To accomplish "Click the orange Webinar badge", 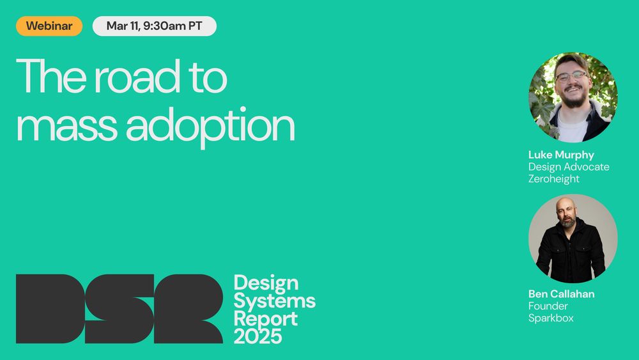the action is click(49, 26).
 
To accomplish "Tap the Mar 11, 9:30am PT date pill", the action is click(155, 26).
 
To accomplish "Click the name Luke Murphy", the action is click(561, 155).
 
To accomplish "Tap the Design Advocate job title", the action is click(569, 167).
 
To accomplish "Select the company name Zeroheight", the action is click(554, 178).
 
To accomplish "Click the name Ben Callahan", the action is click(561, 294).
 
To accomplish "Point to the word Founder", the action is click(548, 306).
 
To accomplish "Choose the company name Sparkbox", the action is click(551, 318).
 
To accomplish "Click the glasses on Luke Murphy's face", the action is click(572, 76).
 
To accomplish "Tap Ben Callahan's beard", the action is click(567, 221).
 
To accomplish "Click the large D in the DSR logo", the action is click(50, 309).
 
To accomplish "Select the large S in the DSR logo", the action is click(119, 309).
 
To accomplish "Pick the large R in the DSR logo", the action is click(189, 309).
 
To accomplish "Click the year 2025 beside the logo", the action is click(258, 337).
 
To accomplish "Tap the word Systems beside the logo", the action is click(275, 302).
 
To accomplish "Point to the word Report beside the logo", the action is click(266, 320).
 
